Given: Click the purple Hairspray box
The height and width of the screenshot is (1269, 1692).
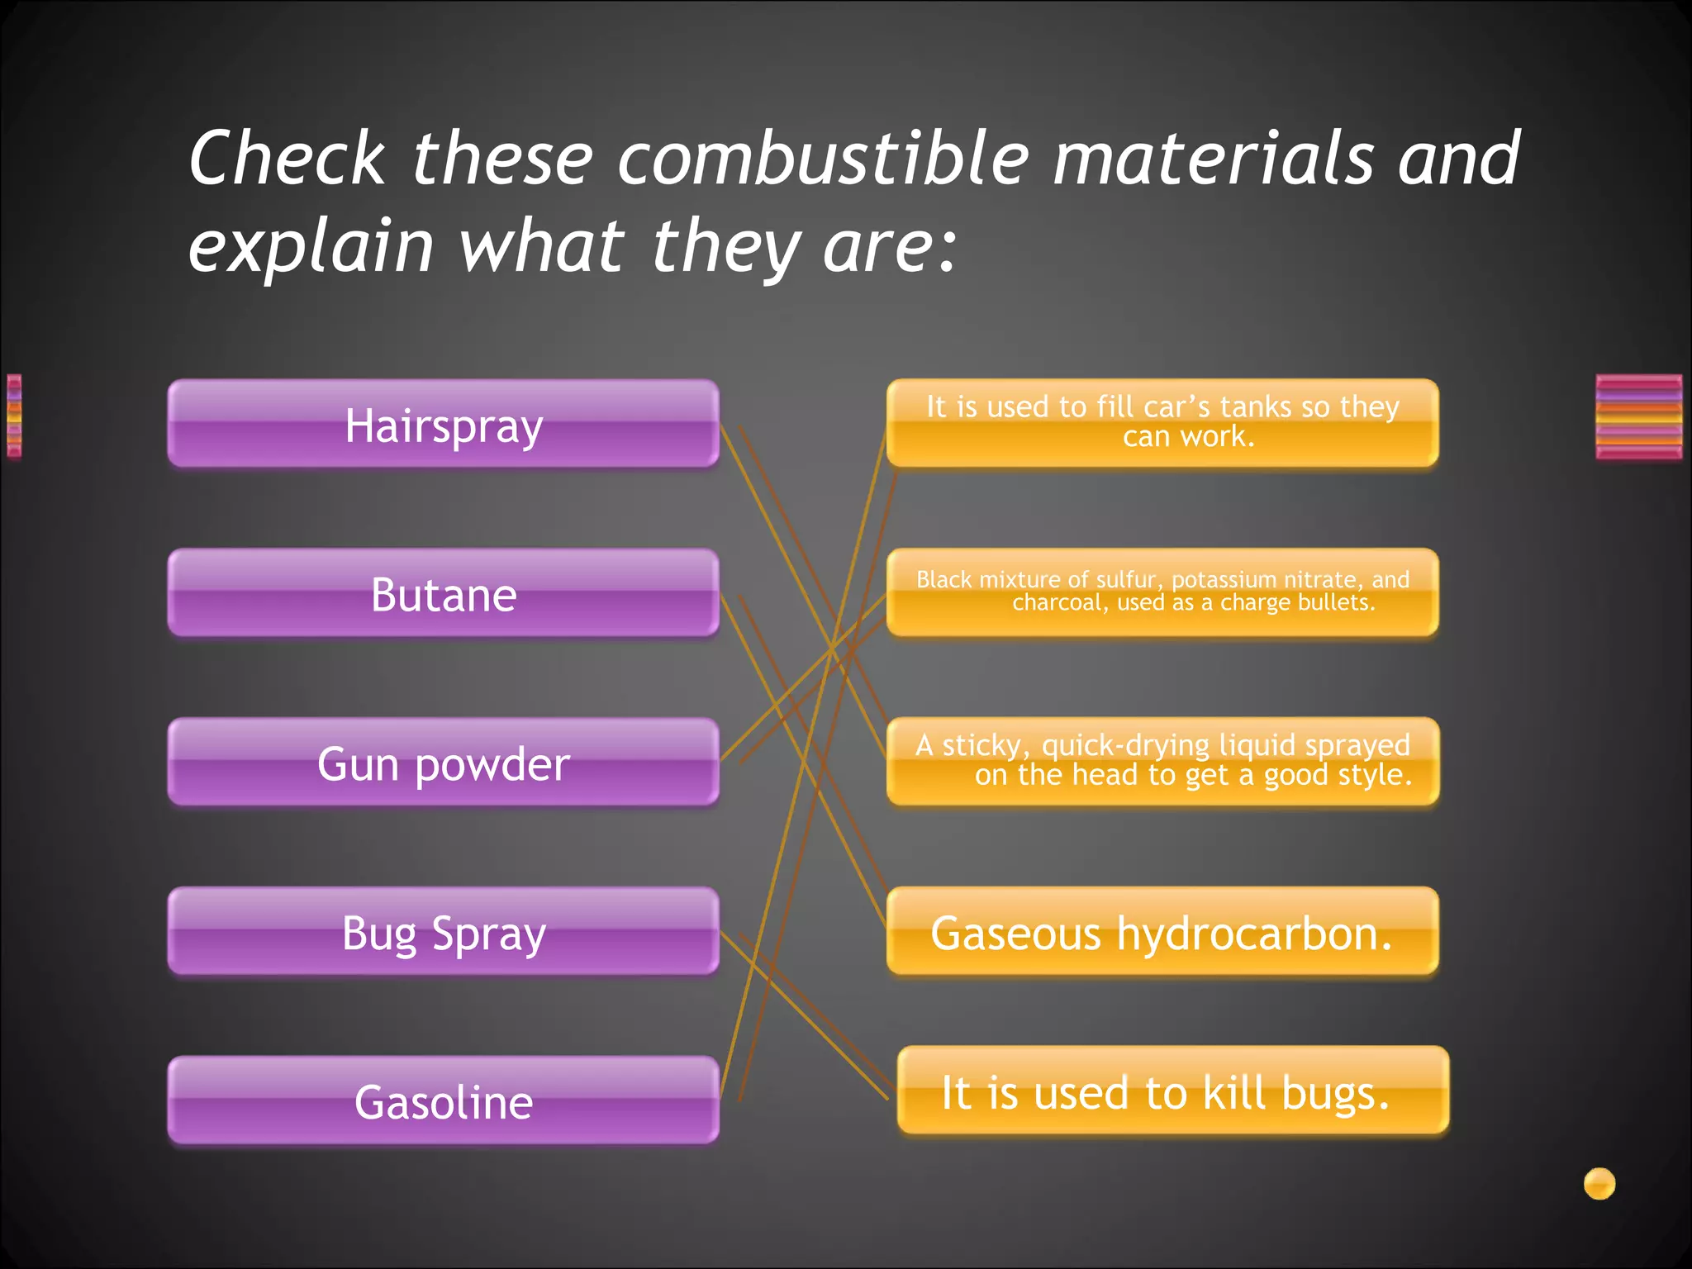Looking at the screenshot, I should pos(444,425).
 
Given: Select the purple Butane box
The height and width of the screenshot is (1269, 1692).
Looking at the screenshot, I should pos(444,594).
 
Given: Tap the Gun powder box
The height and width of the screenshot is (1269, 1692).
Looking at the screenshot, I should pos(444,763).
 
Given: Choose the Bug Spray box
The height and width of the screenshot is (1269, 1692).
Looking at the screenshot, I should pos(444,932).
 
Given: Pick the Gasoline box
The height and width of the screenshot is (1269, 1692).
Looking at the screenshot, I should pos(444,1101).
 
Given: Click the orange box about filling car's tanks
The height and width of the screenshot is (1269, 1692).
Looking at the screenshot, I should pos(1162,422).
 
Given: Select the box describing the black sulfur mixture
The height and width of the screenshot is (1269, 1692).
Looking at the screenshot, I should pos(1162,592).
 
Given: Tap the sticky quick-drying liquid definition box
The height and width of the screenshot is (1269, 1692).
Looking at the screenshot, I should pos(1162,761).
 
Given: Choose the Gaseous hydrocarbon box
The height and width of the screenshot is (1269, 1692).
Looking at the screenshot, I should pos(1162,932).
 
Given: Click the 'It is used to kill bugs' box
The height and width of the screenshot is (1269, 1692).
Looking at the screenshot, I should pos(1173,1091).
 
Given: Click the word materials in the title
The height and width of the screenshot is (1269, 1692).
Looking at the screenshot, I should pos(1214,158).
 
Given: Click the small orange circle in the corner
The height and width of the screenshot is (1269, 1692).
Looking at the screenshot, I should pos(1599,1183).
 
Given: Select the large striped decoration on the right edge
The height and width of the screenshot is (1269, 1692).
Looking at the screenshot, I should pos(1639,416).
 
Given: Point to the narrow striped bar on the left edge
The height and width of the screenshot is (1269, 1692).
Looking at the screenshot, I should pos(14,415).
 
